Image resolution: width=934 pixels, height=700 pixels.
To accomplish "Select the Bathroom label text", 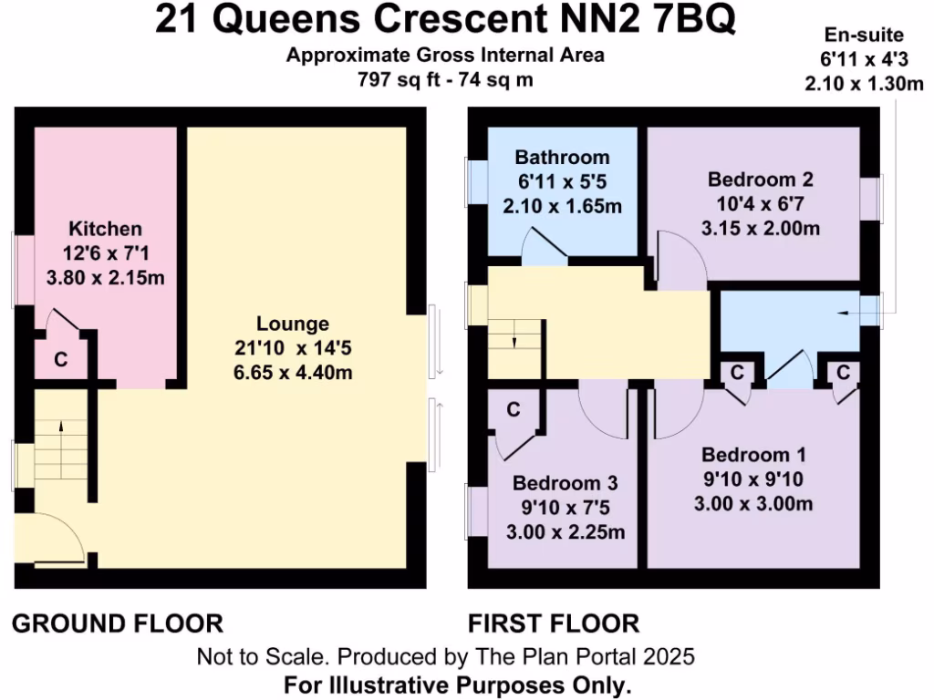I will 562,157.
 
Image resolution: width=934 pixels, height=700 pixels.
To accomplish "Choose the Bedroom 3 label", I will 566,483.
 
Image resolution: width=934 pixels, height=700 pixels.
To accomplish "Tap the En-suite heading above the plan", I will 863,36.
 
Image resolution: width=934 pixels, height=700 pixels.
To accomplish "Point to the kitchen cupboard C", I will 60,360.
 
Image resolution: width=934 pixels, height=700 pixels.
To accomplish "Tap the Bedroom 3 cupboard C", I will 514,410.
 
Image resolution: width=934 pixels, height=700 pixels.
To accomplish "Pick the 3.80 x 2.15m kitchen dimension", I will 106,277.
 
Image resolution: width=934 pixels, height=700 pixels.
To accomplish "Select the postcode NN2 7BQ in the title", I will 652,20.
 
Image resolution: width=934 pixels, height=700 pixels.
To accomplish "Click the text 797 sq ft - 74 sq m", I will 445,80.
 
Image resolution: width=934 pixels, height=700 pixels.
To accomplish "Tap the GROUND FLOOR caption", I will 117,624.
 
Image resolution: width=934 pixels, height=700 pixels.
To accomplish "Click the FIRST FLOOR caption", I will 554,624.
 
